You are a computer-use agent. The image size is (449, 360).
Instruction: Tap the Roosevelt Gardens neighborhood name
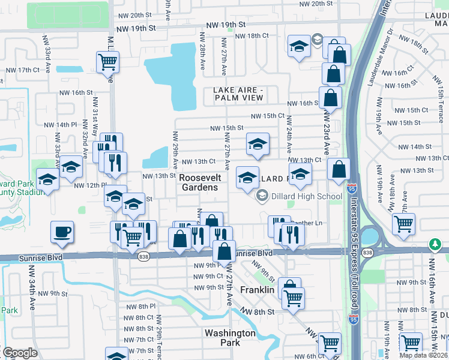(x=200, y=183)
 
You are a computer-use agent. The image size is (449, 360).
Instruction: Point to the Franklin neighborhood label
(x=257, y=290)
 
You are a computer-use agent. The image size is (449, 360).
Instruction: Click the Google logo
(x=20, y=353)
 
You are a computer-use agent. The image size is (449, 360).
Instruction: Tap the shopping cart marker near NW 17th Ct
(x=107, y=61)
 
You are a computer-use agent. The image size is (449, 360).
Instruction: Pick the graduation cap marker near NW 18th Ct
(x=299, y=46)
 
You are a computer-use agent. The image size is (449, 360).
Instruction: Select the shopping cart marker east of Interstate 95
(x=404, y=224)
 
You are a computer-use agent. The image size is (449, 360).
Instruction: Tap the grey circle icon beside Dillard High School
(x=262, y=196)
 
